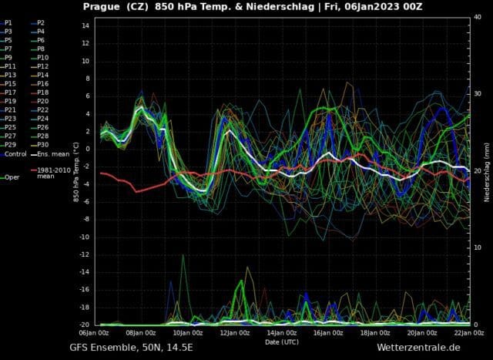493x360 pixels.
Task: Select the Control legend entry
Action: tap(15, 153)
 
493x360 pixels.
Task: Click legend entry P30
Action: tap(42, 145)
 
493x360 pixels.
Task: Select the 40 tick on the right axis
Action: tap(478, 17)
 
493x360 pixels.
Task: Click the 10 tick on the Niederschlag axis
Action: tap(478, 247)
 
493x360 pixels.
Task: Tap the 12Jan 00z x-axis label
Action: tap(234, 333)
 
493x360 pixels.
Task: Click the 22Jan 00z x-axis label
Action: tap(468, 333)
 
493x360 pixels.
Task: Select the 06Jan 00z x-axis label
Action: tap(94, 333)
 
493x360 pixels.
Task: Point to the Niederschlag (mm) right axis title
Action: tap(488, 171)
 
